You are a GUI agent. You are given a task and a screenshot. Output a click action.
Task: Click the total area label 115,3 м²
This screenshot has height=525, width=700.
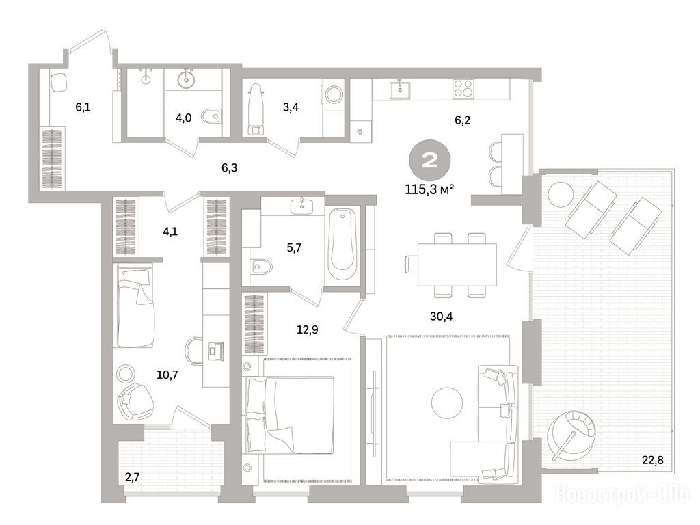429,189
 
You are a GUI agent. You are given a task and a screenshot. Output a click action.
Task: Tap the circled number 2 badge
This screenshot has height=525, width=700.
430,160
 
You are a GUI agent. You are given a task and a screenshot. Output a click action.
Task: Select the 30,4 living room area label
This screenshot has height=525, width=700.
441,317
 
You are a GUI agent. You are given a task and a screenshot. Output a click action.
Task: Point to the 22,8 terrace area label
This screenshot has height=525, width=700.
653,460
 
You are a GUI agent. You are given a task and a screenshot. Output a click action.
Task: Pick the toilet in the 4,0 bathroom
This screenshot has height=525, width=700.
211,116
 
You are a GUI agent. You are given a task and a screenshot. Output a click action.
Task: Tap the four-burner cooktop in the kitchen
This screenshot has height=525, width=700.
463,89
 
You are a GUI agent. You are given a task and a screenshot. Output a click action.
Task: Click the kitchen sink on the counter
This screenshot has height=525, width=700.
399,90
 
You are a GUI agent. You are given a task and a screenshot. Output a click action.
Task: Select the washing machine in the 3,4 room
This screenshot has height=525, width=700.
333,94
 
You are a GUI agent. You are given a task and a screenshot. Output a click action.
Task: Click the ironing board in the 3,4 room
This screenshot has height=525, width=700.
256,109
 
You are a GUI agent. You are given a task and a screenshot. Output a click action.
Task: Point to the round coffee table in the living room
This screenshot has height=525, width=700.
447,403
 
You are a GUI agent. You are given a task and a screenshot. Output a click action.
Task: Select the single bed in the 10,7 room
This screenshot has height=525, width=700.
134,306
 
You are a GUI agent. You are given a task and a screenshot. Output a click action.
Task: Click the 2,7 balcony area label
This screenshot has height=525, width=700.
133,477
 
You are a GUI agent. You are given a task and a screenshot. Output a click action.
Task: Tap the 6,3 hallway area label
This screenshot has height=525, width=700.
229,168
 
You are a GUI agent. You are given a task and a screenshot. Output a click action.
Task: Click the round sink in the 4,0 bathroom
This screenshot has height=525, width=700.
186,80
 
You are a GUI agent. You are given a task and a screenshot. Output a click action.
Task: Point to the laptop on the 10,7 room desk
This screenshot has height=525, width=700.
215,351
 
